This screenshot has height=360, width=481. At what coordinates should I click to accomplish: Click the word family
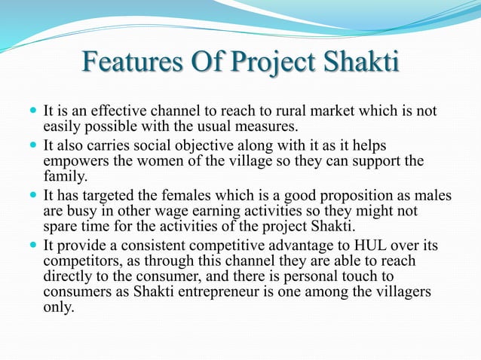pyautogui.click(x=66, y=178)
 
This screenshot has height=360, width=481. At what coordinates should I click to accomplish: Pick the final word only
pyautogui.click(x=60, y=308)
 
